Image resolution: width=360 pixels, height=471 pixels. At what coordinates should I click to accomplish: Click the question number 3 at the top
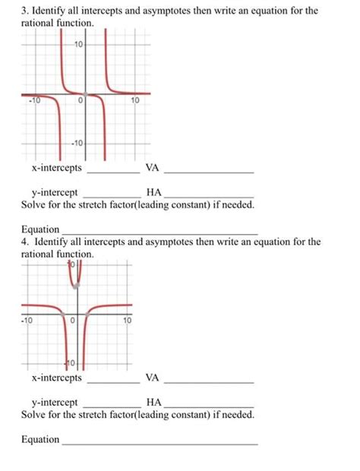(24, 12)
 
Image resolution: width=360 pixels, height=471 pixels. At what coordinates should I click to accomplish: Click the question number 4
(24, 242)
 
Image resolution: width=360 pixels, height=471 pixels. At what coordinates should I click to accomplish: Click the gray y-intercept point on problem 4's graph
(75, 286)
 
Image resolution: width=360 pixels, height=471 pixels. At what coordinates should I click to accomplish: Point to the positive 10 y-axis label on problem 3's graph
(79, 46)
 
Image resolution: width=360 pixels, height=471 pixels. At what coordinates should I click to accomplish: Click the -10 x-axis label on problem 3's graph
(33, 101)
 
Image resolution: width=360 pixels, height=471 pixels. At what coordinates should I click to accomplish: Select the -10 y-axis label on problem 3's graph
(77, 144)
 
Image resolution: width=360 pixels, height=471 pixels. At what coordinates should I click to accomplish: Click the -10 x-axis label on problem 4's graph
(27, 320)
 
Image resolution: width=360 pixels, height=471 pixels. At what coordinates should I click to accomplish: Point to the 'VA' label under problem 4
(153, 378)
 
